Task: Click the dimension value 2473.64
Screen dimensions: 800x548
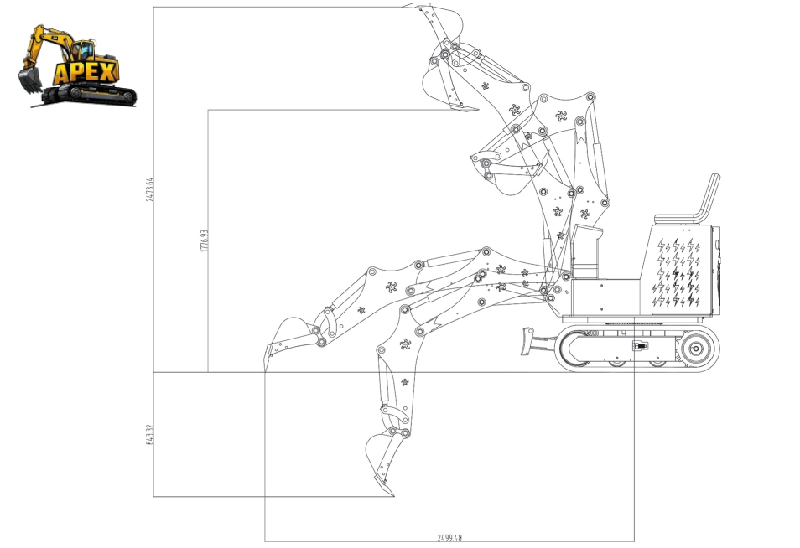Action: pos(149,189)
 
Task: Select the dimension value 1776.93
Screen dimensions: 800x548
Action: pos(204,240)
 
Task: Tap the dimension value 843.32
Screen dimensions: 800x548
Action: pos(149,434)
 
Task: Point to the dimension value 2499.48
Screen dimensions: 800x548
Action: pos(449,537)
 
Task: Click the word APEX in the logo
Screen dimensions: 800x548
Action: pos(86,73)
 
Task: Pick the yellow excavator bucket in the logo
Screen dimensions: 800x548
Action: pos(30,80)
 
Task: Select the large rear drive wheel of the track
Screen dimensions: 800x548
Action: pos(696,349)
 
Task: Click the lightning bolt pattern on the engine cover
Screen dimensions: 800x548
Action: pos(677,272)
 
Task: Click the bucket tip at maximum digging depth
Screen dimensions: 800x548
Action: pos(392,494)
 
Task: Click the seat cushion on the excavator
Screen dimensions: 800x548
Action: pos(678,219)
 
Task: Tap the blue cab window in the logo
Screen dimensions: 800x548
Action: pos(86,50)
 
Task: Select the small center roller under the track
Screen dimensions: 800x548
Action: pos(616,364)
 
